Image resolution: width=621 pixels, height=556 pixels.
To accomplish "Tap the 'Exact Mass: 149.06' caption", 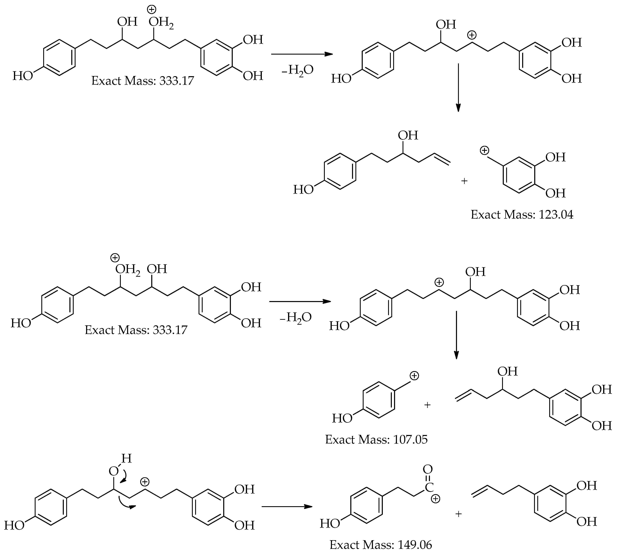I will pyautogui.click(x=381, y=545).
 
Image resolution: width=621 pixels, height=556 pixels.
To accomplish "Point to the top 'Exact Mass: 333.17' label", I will pyautogui.click(x=142, y=81).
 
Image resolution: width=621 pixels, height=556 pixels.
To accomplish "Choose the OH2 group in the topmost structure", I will pyautogui.click(x=161, y=23).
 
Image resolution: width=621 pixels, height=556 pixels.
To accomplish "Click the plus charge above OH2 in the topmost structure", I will pyautogui.click(x=151, y=10).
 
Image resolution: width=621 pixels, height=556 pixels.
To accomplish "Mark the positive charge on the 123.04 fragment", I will pyautogui.click(x=484, y=151).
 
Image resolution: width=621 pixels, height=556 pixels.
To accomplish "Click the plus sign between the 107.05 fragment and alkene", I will pyautogui.click(x=427, y=405).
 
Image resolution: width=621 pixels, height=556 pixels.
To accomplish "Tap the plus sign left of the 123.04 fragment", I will pyautogui.click(x=464, y=181).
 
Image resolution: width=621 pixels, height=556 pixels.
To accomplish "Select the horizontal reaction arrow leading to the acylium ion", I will pyautogui.click(x=287, y=507).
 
